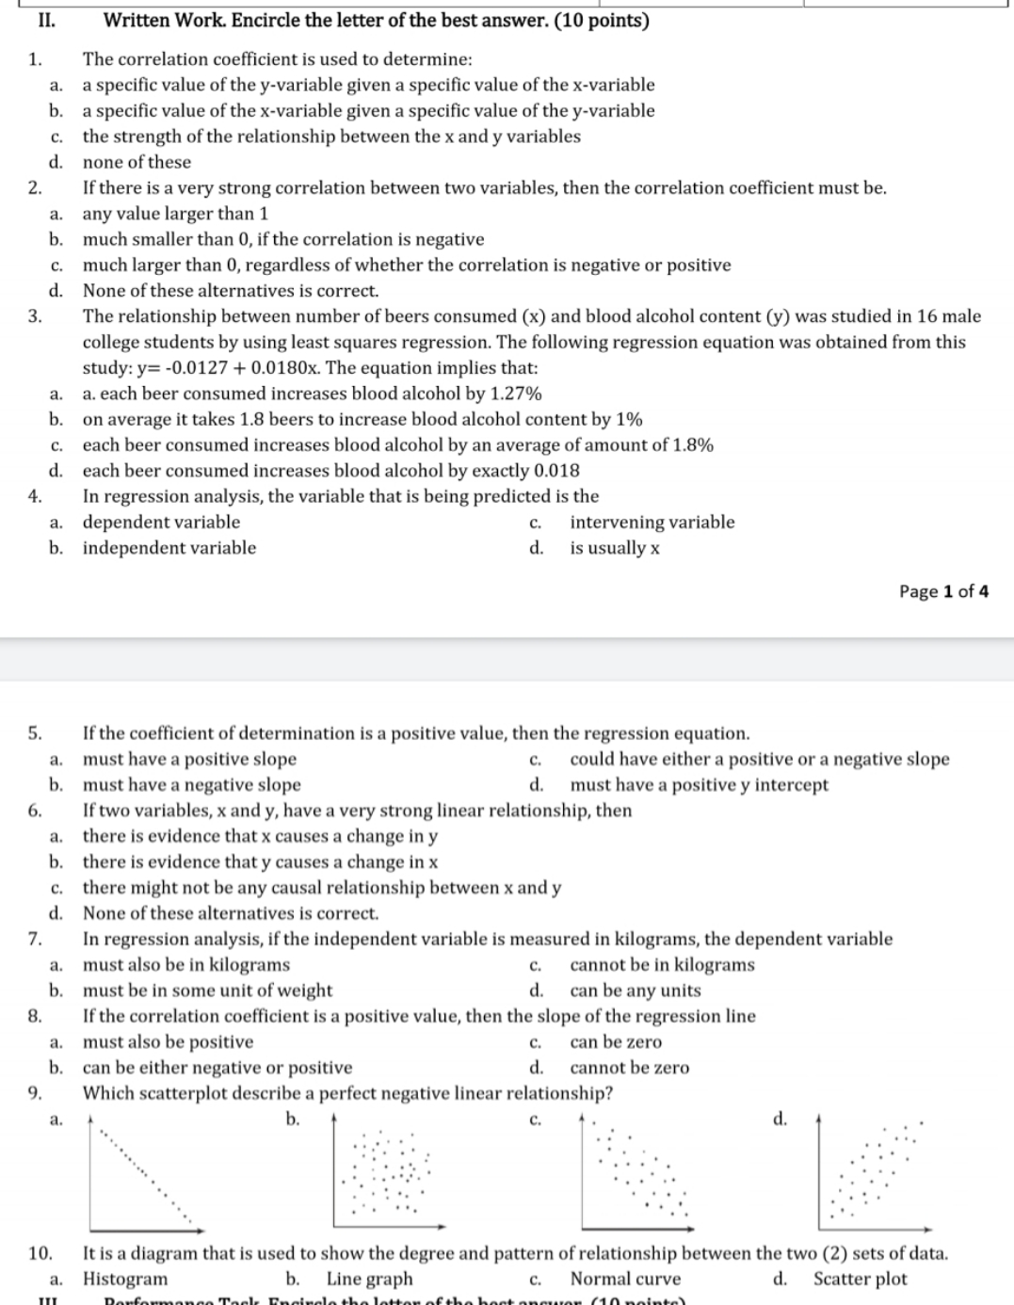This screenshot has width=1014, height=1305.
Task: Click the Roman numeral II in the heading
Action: click(43, 20)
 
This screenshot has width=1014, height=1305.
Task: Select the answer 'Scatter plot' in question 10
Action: click(860, 1279)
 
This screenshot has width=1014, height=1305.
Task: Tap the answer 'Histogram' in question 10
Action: click(125, 1279)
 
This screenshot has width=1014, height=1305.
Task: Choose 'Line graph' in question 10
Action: click(369, 1279)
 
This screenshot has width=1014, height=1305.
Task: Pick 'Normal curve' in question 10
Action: click(625, 1279)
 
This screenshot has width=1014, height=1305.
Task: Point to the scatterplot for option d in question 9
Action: click(874, 1173)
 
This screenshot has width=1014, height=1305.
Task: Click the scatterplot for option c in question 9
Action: click(636, 1173)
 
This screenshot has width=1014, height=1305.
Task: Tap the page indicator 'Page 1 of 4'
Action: click(943, 591)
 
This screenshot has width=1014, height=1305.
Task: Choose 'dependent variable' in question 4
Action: click(161, 522)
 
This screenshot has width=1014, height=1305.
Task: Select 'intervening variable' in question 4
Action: click(652, 522)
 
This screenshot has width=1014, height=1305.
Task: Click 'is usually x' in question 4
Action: click(614, 548)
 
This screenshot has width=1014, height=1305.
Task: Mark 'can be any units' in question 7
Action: click(636, 991)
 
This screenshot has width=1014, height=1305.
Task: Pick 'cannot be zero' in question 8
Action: click(629, 1068)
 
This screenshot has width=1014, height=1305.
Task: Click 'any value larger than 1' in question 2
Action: click(175, 214)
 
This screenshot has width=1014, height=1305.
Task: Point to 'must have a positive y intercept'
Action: click(699, 784)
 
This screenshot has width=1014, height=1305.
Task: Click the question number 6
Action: click(34, 811)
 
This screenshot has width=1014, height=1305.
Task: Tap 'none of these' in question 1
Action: click(137, 162)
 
